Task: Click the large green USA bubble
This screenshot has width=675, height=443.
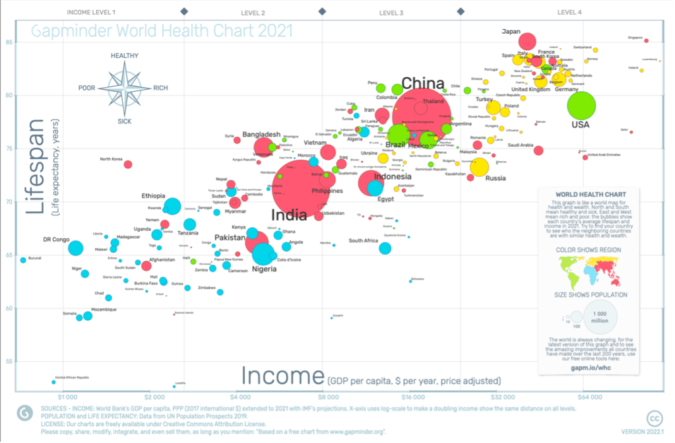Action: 581,105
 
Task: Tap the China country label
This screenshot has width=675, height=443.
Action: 423,83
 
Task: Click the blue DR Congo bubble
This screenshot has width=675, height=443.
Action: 76,248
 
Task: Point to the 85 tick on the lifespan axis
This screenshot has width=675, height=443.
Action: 11,42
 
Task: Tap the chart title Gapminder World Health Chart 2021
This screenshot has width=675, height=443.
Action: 162,31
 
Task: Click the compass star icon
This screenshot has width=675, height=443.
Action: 124,88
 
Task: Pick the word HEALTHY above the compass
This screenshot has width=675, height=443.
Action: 124,56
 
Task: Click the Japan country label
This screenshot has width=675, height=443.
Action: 511,31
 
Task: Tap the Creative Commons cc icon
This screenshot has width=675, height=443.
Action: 655,419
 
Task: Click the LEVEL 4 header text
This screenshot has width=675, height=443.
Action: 569,13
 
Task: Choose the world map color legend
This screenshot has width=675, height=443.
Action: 591,268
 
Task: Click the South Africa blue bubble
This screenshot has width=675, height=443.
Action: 385,248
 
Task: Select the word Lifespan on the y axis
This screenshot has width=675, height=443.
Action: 37,166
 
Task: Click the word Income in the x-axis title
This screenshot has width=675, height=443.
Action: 282,376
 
